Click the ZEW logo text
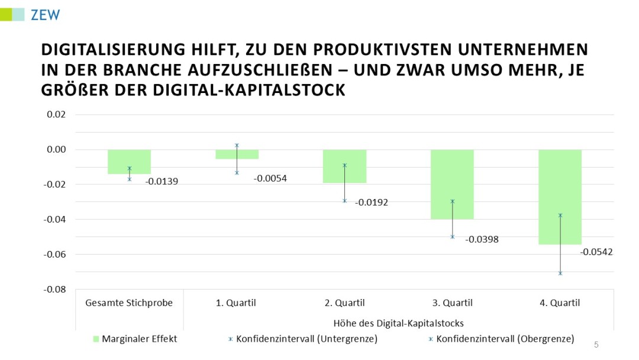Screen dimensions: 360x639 pyautogui.click(x=45, y=15)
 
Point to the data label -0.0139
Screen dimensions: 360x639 pyautogui.click(x=162, y=182)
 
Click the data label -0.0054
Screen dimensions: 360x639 pyautogui.click(x=270, y=178)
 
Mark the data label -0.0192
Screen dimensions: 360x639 pyautogui.click(x=372, y=202)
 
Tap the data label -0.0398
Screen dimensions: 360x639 pyautogui.click(x=482, y=240)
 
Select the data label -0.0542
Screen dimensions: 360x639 pyautogui.click(x=596, y=252)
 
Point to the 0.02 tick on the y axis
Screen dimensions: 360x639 pyautogui.click(x=57, y=114)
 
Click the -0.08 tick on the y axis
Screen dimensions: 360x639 pyautogui.click(x=56, y=290)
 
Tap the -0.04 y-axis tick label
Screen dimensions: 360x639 pyautogui.click(x=56, y=220)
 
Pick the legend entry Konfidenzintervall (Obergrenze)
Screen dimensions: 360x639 pyautogui.click(x=505, y=339)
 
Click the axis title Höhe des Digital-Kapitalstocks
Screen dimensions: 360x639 pyautogui.click(x=398, y=323)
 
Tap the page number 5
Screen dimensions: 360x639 pyautogui.click(x=596, y=345)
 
